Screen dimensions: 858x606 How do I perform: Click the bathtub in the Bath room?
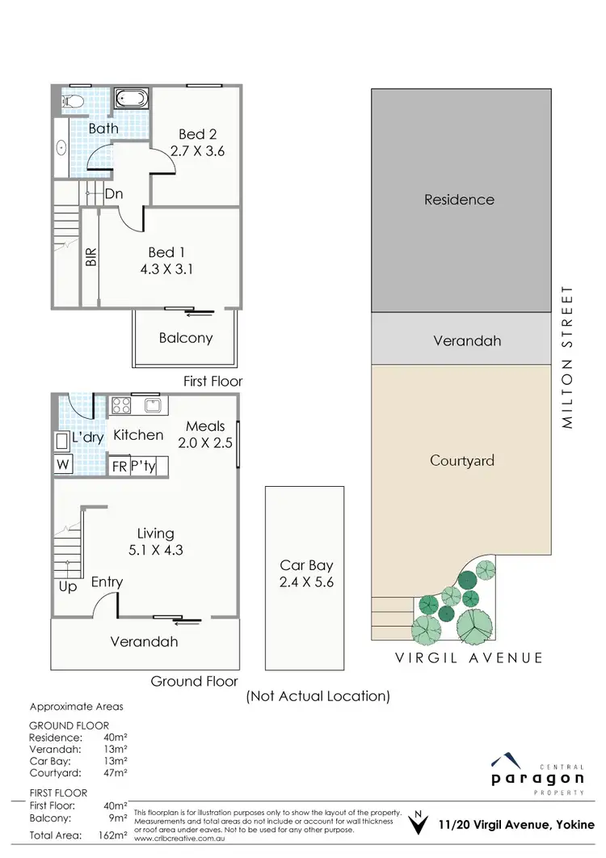[x=130, y=99]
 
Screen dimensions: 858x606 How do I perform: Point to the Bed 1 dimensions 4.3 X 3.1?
[x=172, y=270]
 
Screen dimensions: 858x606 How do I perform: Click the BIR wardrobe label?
[x=91, y=257]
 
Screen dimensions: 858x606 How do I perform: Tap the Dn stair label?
[x=113, y=194]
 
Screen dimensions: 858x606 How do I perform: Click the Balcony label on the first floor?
[x=185, y=338]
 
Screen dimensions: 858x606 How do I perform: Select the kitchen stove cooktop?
[x=121, y=404]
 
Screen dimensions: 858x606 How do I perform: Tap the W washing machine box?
[x=62, y=465]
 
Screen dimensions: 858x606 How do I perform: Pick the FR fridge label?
[x=119, y=467]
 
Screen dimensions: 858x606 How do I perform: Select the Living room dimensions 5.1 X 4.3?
[x=154, y=550]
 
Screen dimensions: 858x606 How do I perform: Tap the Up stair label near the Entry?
[x=68, y=587]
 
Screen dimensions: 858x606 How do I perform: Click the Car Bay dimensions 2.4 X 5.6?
[x=306, y=582]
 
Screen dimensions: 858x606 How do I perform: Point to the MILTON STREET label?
[x=569, y=357]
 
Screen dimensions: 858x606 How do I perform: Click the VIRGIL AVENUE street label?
[x=469, y=657]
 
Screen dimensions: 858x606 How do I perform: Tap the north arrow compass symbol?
[x=416, y=825]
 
